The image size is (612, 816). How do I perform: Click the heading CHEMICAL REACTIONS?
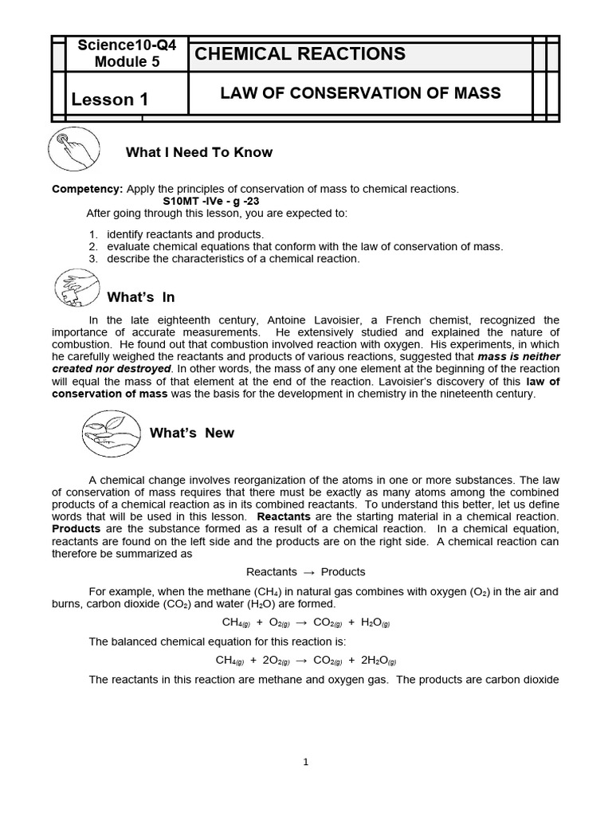[x=300, y=54]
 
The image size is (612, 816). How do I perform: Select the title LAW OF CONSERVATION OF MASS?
[x=360, y=94]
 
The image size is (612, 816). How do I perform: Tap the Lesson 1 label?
[x=110, y=100]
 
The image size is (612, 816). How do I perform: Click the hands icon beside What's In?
[x=75, y=288]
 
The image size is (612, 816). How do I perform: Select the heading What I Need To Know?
[x=199, y=152]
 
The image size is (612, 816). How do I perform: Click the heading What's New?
[x=192, y=433]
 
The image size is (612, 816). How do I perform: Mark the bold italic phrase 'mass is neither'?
[x=518, y=357]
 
